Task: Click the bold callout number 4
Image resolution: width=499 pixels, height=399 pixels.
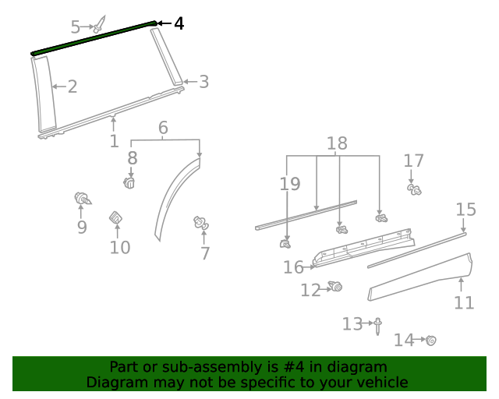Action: (x=179, y=24)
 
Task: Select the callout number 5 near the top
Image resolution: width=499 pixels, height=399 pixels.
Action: (x=76, y=27)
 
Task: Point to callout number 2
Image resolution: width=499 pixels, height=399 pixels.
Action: (x=72, y=86)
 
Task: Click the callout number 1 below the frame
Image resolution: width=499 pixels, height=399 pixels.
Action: (x=114, y=141)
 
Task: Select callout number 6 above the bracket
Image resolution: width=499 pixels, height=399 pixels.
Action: (x=163, y=127)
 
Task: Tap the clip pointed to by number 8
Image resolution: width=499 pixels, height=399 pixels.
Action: (x=130, y=182)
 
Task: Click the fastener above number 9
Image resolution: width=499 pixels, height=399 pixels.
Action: (x=81, y=198)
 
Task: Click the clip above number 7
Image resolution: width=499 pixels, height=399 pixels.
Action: (x=201, y=224)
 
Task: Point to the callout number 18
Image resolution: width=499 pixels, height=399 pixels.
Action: (x=337, y=143)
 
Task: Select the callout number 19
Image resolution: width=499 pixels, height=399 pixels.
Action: (x=289, y=184)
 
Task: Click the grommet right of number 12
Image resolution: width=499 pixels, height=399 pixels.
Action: (x=337, y=287)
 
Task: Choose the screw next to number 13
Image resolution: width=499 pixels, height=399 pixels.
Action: (x=378, y=325)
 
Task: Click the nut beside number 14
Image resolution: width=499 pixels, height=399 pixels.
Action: (x=430, y=340)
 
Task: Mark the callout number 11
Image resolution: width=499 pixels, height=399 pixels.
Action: (x=464, y=302)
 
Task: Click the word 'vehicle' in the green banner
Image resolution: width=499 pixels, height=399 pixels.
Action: (x=381, y=382)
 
